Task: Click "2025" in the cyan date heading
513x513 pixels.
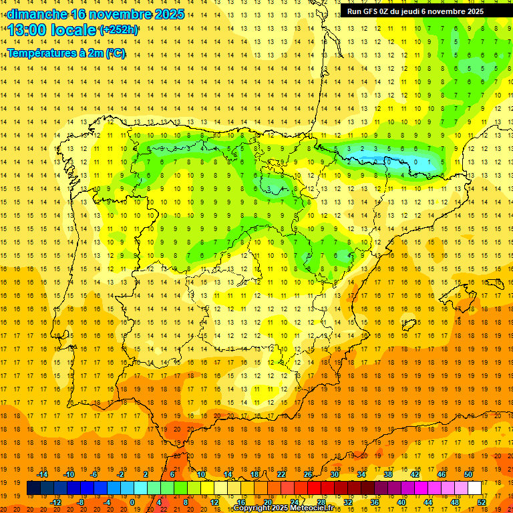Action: tap(169, 14)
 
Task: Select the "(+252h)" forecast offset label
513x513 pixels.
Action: tap(118, 30)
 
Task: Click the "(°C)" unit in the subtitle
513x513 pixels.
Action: tap(114, 53)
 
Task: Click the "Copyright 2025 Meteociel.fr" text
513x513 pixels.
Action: tap(283, 508)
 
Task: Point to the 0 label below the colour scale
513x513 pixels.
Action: tap(132, 502)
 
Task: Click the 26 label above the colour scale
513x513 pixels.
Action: tap(308, 474)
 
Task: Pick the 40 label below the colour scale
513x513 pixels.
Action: tap(401, 502)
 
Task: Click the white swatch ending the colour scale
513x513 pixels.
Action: tap(474, 488)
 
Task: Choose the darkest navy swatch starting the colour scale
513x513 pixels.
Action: tap(33, 488)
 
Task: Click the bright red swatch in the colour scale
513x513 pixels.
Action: tap(314, 488)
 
